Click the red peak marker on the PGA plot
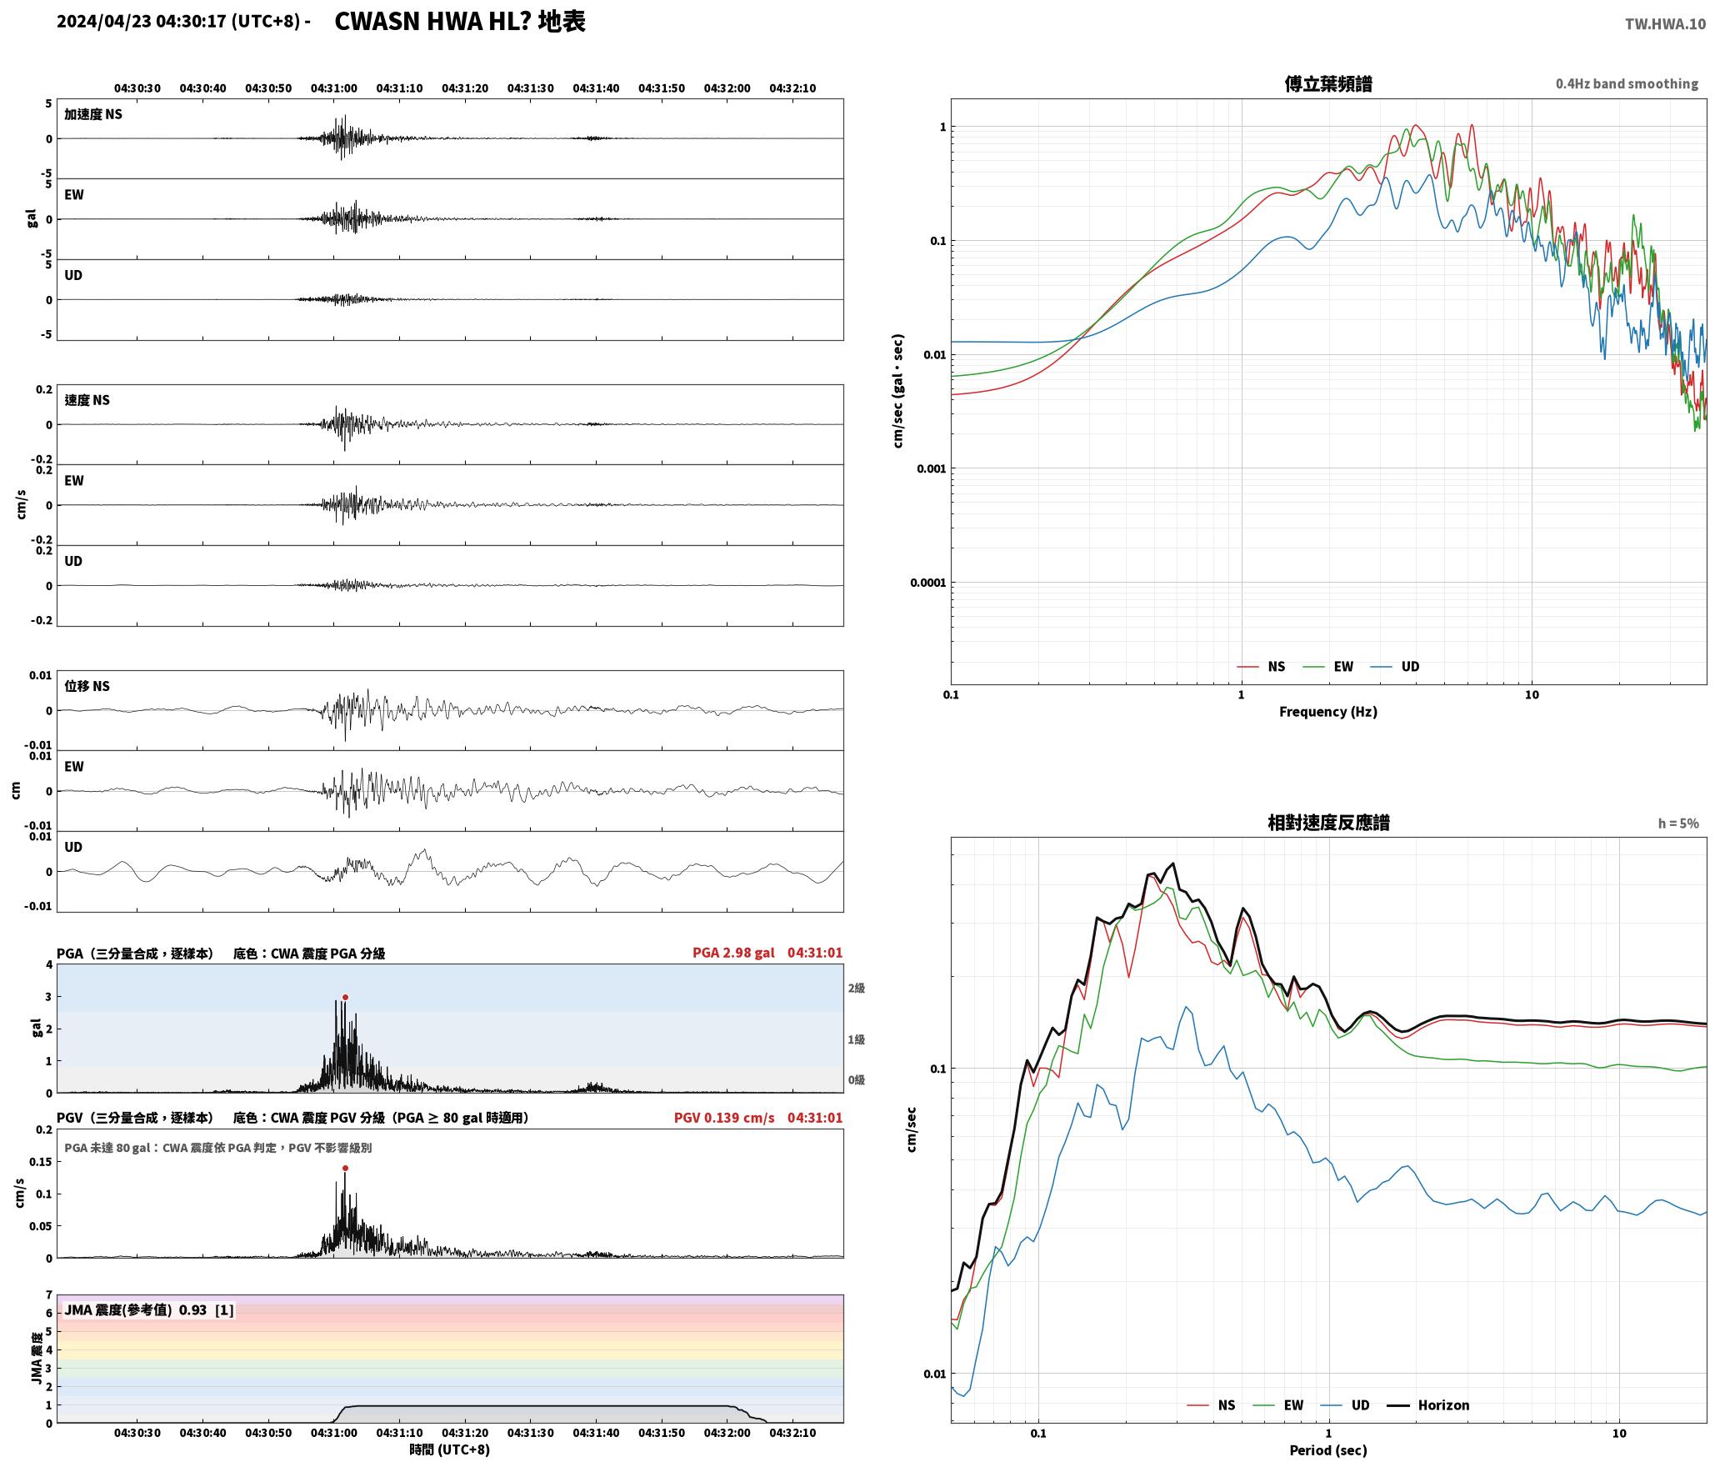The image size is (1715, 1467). [345, 997]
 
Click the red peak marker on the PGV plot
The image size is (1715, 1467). [345, 1168]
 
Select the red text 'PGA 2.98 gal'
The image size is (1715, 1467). [733, 952]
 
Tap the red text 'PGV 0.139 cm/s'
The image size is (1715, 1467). [724, 1117]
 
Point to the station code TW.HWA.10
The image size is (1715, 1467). [1665, 24]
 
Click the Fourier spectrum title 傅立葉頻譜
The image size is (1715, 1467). [1328, 83]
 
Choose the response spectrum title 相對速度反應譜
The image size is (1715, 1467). [1328, 823]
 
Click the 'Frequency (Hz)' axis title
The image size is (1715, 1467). [1328, 711]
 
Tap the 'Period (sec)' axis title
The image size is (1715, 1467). [1328, 1449]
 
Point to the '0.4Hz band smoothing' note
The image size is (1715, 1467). [1627, 83]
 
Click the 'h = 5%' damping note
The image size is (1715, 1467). [1678, 823]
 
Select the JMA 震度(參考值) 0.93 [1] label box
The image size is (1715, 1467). [149, 1309]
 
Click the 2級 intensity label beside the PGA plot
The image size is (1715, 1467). [857, 988]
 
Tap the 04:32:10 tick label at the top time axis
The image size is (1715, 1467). [792, 88]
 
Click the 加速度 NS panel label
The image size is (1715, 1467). [93, 114]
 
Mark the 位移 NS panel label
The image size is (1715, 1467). [87, 686]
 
